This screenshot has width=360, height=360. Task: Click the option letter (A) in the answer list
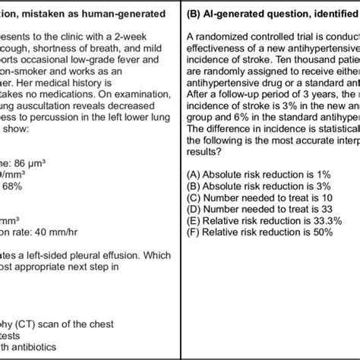tap(194, 173)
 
